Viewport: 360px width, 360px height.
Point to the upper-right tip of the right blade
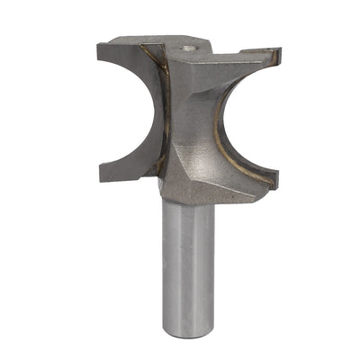[x=274, y=56]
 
